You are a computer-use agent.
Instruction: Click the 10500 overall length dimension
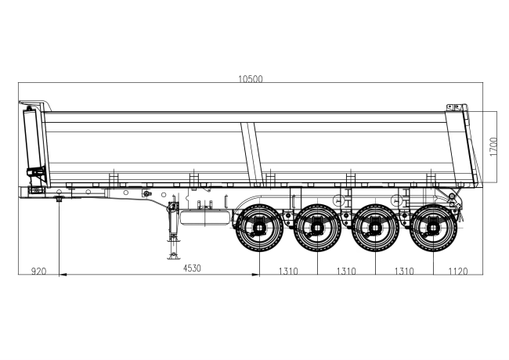pos(251,79)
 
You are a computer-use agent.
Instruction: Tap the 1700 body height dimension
pos(493,146)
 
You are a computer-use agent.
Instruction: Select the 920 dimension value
pos(38,271)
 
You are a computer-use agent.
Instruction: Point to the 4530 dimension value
pos(192,268)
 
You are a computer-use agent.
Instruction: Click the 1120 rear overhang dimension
pos(458,271)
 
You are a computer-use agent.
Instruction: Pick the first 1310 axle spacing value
pos(288,271)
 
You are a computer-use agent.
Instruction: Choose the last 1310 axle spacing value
pos(404,271)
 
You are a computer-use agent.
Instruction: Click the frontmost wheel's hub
pos(259,228)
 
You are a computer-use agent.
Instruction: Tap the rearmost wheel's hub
pos(433,228)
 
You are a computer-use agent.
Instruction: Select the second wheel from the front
pos(317,228)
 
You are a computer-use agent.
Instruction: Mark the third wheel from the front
pos(375,228)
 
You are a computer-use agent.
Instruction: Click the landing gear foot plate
pos(173,257)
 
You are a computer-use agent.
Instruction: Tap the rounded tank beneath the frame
pos(205,218)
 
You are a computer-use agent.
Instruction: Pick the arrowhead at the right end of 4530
pos(256,275)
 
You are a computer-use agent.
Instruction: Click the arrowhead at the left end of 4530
pos(63,275)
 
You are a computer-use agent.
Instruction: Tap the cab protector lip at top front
pos(36,103)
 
